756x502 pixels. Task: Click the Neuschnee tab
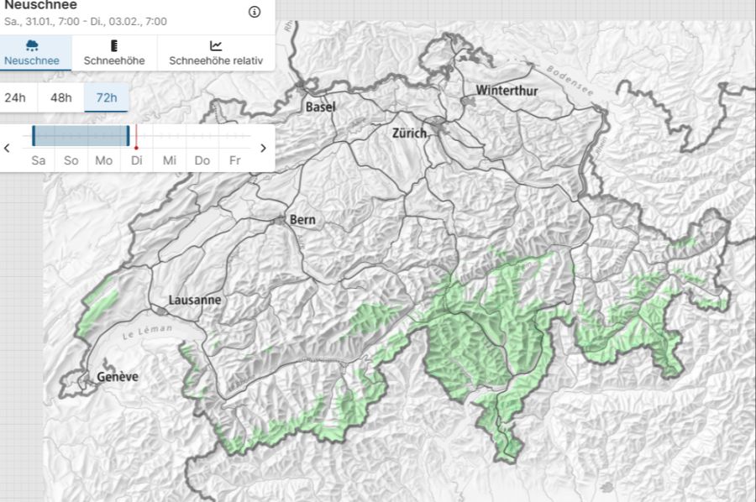pyautogui.click(x=32, y=52)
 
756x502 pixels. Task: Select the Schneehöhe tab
pyautogui.click(x=114, y=52)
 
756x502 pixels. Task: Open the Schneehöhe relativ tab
pyautogui.click(x=216, y=52)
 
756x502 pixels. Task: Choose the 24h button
pyautogui.click(x=15, y=97)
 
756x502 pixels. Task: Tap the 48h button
pyautogui.click(x=61, y=97)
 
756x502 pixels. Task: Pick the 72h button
pyautogui.click(x=107, y=97)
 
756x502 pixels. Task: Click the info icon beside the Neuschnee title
pyautogui.click(x=255, y=12)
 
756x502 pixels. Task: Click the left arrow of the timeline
pyautogui.click(x=8, y=148)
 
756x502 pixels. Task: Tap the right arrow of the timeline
pyautogui.click(x=263, y=148)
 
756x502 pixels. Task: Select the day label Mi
pyautogui.click(x=170, y=160)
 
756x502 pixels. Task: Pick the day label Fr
pyautogui.click(x=234, y=160)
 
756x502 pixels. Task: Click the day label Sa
pyautogui.click(x=39, y=160)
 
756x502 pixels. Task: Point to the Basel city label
pyautogui.click(x=320, y=107)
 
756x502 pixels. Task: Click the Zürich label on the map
pyautogui.click(x=409, y=133)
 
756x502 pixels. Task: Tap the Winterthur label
pyautogui.click(x=507, y=90)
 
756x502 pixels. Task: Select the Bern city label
pyautogui.click(x=302, y=220)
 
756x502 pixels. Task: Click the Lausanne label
pyautogui.click(x=195, y=300)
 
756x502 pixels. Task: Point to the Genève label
pyautogui.click(x=118, y=377)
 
